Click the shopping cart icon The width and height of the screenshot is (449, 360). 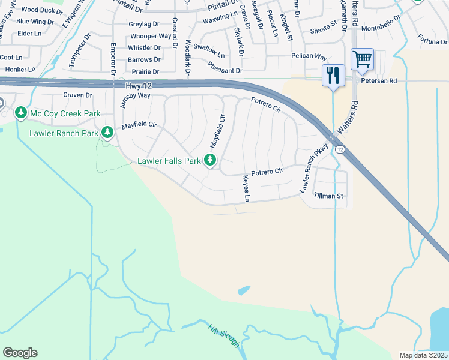[362, 59]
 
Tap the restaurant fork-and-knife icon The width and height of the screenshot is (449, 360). [333, 76]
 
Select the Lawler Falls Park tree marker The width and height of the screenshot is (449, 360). [210, 160]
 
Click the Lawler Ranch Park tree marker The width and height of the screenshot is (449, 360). [107, 131]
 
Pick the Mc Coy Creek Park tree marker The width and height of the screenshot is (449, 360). [21, 113]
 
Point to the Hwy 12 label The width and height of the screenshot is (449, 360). [139, 86]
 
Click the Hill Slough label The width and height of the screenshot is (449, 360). [224, 335]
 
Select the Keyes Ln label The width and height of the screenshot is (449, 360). [246, 188]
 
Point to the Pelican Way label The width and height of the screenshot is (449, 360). [308, 56]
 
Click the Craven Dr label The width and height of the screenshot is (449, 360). [77, 95]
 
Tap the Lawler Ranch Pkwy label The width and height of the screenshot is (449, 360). [315, 171]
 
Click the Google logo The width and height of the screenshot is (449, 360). [20, 353]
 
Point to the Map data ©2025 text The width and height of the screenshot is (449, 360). [423, 355]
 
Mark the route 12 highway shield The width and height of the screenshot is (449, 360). [340, 149]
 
